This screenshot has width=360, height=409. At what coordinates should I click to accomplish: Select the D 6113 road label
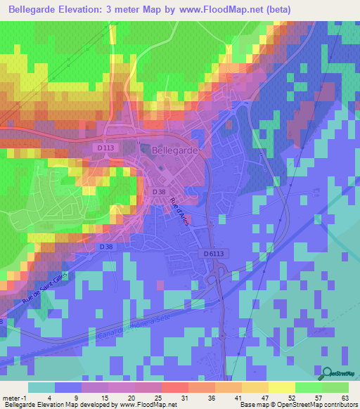pos(217,254)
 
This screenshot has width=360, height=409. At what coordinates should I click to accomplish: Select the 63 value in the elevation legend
pos(345,398)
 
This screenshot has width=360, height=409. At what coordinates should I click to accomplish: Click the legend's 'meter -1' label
pos(13,398)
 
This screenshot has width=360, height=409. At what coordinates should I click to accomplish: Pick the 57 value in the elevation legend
pos(318,398)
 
